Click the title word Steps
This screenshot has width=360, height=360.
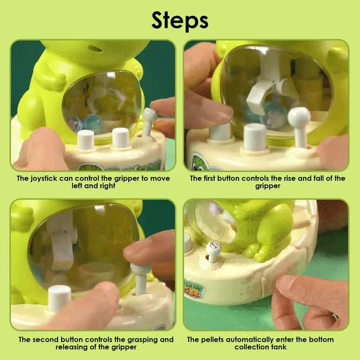(x=180, y=20)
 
